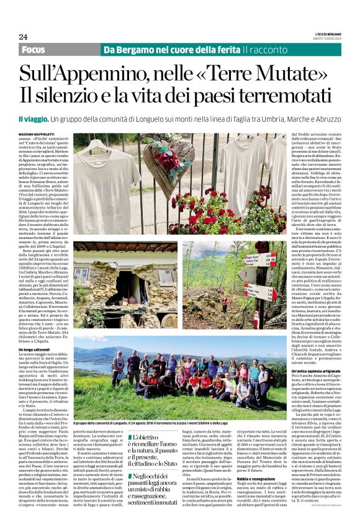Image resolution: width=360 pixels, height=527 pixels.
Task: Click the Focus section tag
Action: point(36,49)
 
